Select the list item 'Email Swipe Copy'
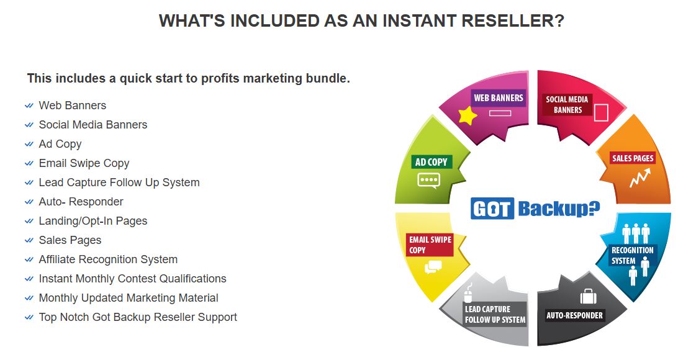coord(84,163)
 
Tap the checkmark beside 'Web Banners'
coord(29,106)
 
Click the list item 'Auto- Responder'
coord(81,202)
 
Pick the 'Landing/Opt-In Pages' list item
coord(93,221)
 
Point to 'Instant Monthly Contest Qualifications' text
coord(132,279)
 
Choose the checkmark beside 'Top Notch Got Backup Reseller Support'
coord(29,317)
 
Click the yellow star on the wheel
coord(468,116)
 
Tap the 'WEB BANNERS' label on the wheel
coord(498,97)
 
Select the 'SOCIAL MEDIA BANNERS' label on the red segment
coord(567,105)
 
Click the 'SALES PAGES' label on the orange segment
coord(633,158)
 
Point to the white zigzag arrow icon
coord(640,178)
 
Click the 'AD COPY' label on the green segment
coord(431,162)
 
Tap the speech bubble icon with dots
coord(428,180)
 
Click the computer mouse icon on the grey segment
coord(468,293)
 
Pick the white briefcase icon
coord(588,296)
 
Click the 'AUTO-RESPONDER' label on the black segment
coord(574,315)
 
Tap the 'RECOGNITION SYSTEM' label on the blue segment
coord(632,255)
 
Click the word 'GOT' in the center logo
coord(492,209)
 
